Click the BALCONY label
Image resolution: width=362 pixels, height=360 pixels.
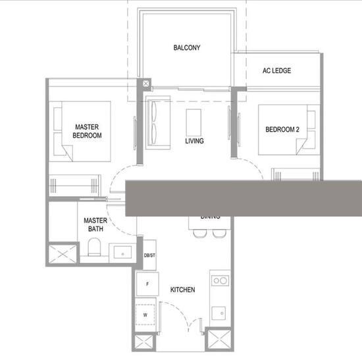tap(187, 48)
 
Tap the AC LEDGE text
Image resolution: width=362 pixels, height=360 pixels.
tap(276, 71)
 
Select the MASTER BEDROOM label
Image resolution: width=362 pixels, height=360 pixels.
tap(87, 131)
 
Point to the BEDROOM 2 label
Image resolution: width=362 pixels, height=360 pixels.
tap(282, 130)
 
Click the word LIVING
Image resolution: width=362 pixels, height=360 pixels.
tap(194, 141)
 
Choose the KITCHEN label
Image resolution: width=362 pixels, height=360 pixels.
tap(182, 290)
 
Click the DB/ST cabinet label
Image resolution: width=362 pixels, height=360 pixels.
tap(149, 255)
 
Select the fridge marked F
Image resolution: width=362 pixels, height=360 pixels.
tap(147, 284)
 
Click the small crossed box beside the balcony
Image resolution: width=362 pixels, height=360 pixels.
tap(146, 84)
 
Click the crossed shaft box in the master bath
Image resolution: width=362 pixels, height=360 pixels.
tap(61, 253)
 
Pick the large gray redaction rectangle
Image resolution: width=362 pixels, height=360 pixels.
tap(244, 197)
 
